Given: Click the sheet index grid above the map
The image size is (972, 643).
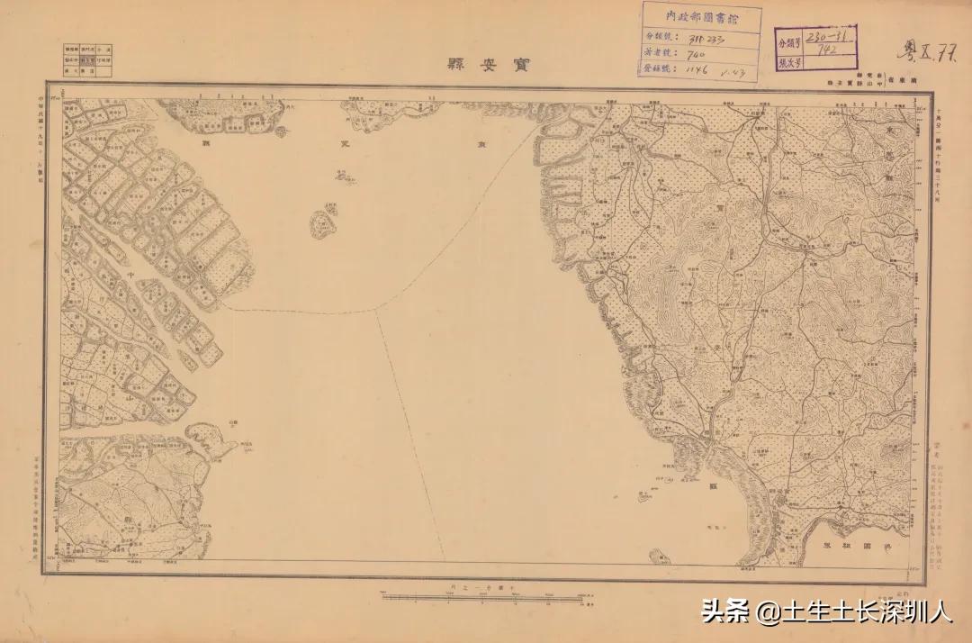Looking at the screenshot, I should coord(87,59).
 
